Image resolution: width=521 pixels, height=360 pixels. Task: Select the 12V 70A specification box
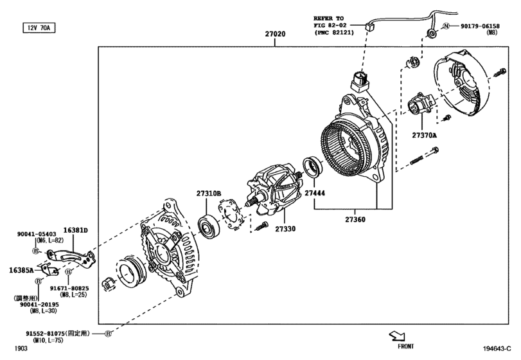(39, 28)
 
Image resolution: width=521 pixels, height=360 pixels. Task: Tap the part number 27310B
(209, 194)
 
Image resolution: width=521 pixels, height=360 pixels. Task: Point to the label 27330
(286, 229)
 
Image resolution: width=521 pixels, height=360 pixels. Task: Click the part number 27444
(314, 192)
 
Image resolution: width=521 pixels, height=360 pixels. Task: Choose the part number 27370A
(424, 135)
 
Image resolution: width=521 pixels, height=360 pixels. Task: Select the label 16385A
(21, 271)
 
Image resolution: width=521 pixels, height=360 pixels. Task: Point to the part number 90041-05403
(38, 235)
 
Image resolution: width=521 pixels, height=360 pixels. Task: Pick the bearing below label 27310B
(209, 226)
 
